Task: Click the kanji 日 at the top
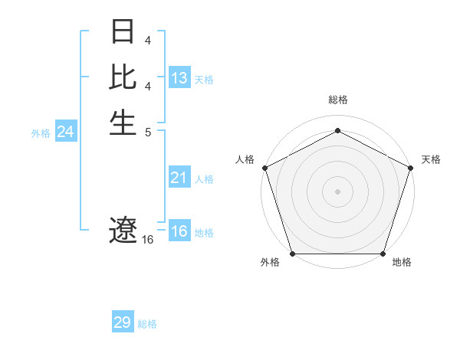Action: click(x=123, y=33)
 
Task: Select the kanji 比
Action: click(x=123, y=77)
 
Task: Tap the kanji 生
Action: click(x=123, y=122)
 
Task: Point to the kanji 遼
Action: click(x=123, y=230)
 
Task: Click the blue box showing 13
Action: click(x=179, y=78)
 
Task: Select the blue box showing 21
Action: click(x=179, y=178)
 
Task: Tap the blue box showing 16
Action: click(x=179, y=231)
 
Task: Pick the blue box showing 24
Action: click(x=66, y=132)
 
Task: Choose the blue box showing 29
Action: click(x=123, y=322)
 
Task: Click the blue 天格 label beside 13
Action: click(x=204, y=80)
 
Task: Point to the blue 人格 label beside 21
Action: click(x=204, y=179)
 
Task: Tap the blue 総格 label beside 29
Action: click(x=147, y=324)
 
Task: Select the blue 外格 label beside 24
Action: click(x=41, y=133)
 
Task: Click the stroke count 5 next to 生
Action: click(x=147, y=131)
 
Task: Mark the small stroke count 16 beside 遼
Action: click(x=148, y=240)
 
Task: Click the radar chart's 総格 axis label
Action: click(x=337, y=100)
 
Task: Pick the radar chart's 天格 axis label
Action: click(x=431, y=159)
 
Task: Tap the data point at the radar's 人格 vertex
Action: click(x=264, y=167)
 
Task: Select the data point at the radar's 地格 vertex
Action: click(x=383, y=254)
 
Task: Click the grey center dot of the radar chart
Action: click(x=337, y=191)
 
